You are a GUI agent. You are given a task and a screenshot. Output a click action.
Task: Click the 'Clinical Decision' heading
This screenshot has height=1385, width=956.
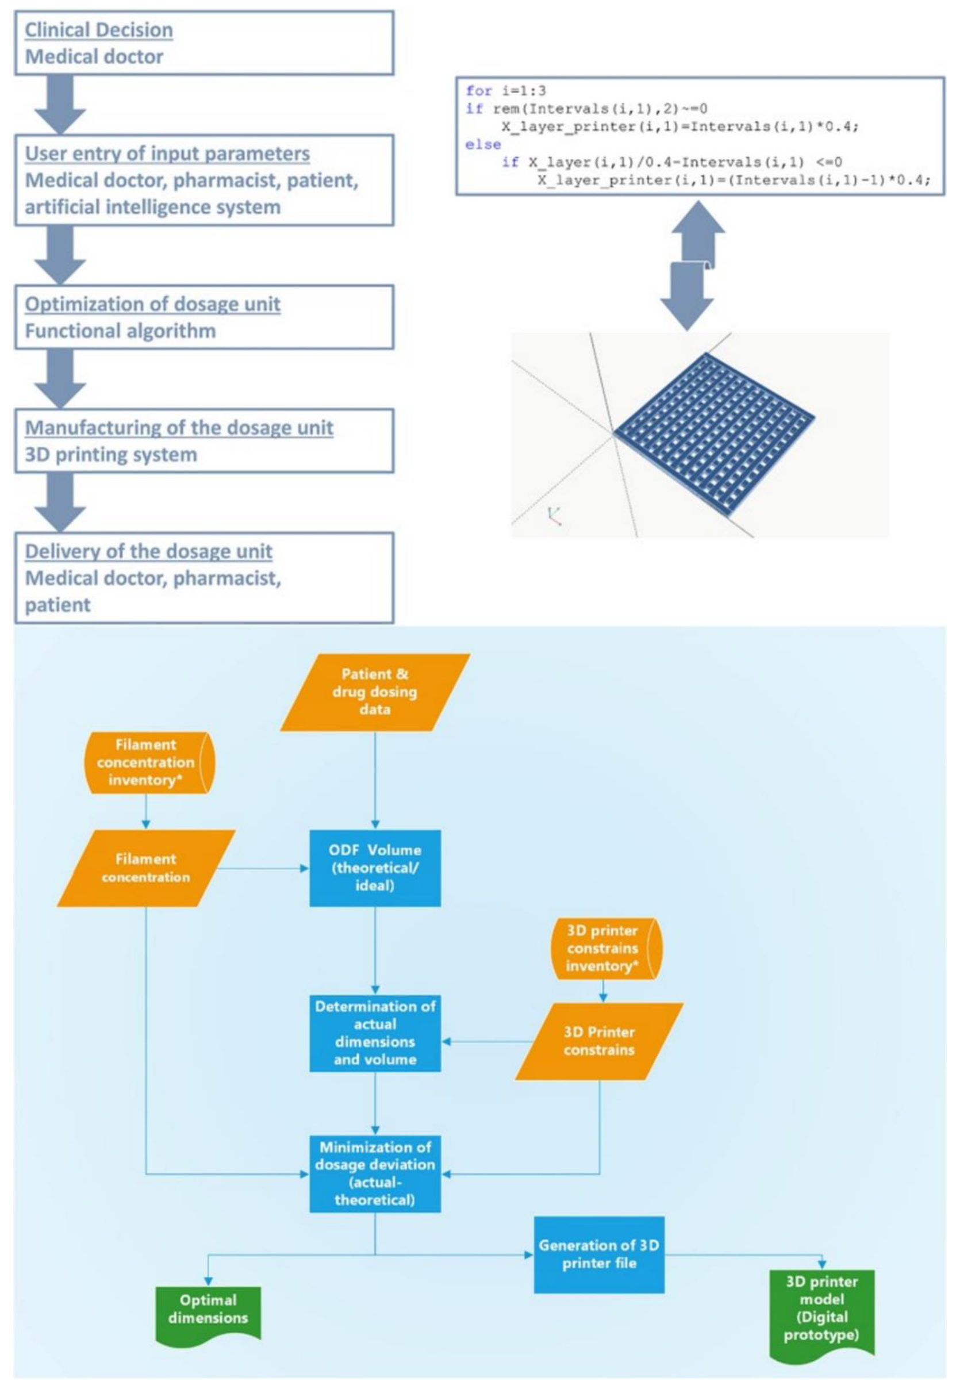click(x=99, y=30)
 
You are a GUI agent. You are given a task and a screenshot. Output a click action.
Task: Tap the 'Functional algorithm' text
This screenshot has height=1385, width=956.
click(x=120, y=331)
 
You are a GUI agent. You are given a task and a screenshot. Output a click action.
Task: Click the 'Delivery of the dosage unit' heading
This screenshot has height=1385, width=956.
click(x=148, y=551)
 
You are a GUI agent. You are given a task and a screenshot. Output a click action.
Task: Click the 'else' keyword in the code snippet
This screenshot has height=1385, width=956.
click(x=483, y=144)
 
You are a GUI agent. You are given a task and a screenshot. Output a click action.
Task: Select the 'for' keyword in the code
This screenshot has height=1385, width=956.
click(x=479, y=91)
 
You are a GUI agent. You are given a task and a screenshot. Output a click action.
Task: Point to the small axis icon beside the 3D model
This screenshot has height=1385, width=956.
click(x=555, y=515)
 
